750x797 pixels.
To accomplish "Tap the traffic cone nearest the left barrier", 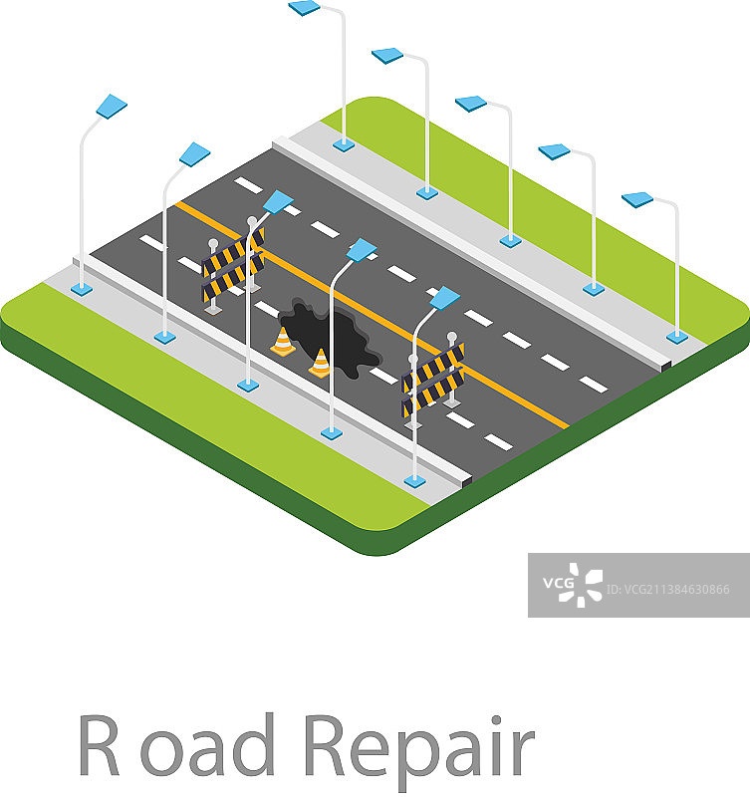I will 284,342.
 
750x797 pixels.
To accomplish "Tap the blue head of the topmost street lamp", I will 304,8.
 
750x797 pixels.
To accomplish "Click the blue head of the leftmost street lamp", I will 111,107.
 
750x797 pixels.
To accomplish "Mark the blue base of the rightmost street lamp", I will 677,337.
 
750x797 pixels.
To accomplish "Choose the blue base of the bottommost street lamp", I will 414,480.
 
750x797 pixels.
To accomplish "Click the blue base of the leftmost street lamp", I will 81,289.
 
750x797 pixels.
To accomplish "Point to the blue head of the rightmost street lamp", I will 637,199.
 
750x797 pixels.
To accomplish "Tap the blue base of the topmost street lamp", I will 344,144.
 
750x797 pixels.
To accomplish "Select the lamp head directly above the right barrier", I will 444,298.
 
